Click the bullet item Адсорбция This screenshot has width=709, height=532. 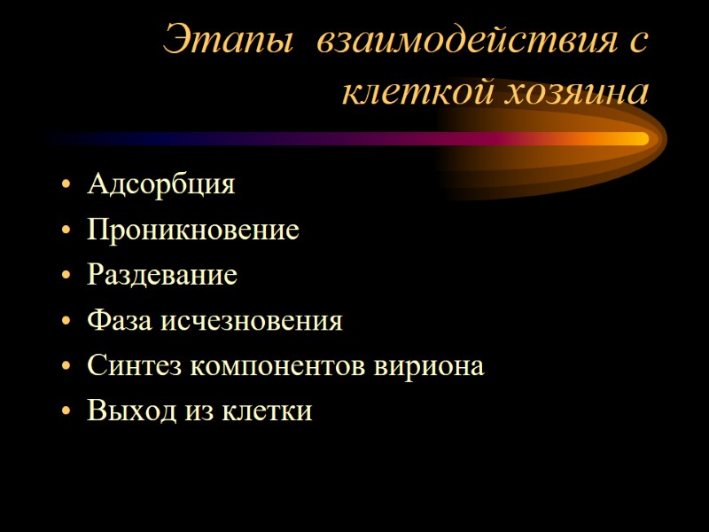[161, 185]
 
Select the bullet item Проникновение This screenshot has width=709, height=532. [193, 231]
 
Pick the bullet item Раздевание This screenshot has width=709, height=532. [162, 275]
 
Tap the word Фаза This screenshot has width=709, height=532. [120, 320]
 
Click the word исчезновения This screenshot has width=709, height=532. [250, 320]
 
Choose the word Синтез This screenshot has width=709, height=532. [129, 365]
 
